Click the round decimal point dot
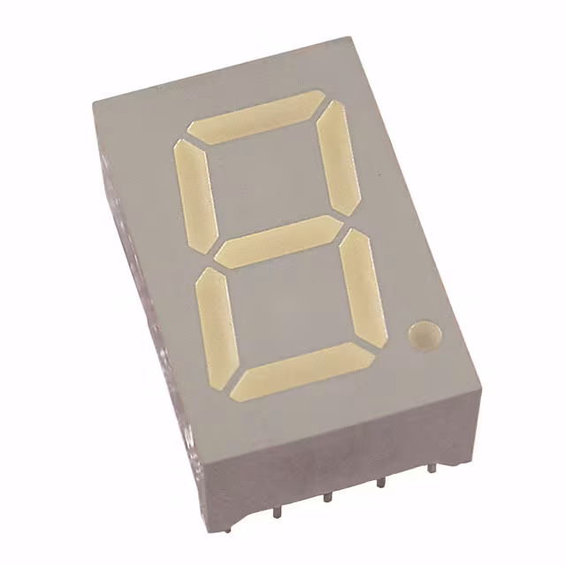(x=425, y=334)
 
